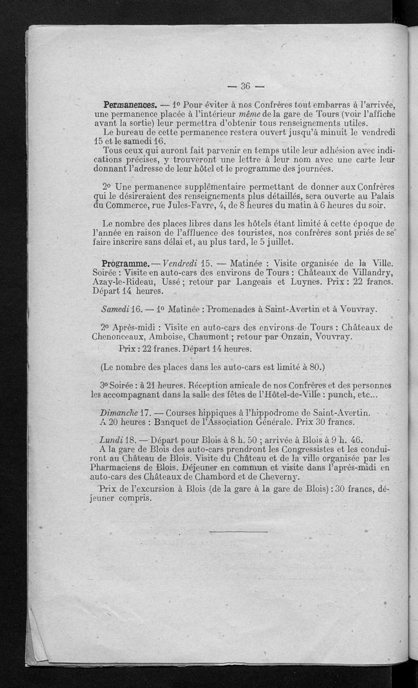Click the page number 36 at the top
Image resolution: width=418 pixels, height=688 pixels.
[246, 86]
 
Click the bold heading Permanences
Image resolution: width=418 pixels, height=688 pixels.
[122, 104]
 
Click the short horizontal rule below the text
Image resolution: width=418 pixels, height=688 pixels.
[238, 532]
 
